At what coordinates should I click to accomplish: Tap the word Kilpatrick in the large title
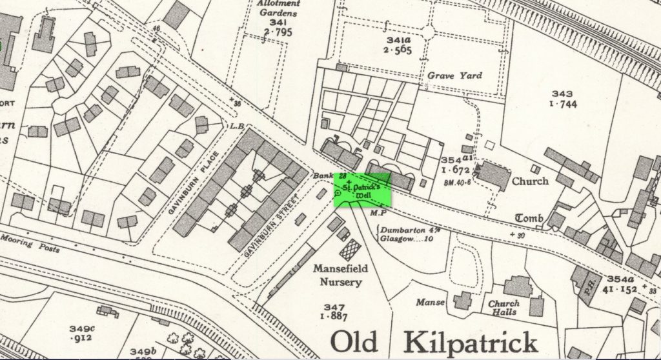pos(471,340)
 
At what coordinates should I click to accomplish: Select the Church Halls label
pos(503,308)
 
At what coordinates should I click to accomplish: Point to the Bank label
pos(322,175)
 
